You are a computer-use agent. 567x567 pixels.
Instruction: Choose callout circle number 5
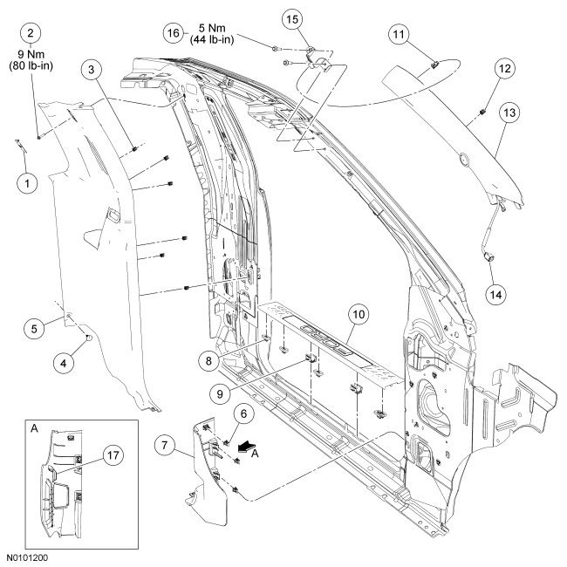pyautogui.click(x=33, y=329)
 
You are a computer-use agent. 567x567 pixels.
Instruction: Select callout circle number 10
pyautogui.click(x=358, y=312)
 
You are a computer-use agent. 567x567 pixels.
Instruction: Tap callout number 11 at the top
pyautogui.click(x=399, y=34)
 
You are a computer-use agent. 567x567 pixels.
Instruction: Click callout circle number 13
pyautogui.click(x=509, y=113)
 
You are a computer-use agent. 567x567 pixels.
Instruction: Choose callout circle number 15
pyautogui.click(x=291, y=18)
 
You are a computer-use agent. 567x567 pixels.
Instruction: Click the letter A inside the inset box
pyautogui.click(x=34, y=431)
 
